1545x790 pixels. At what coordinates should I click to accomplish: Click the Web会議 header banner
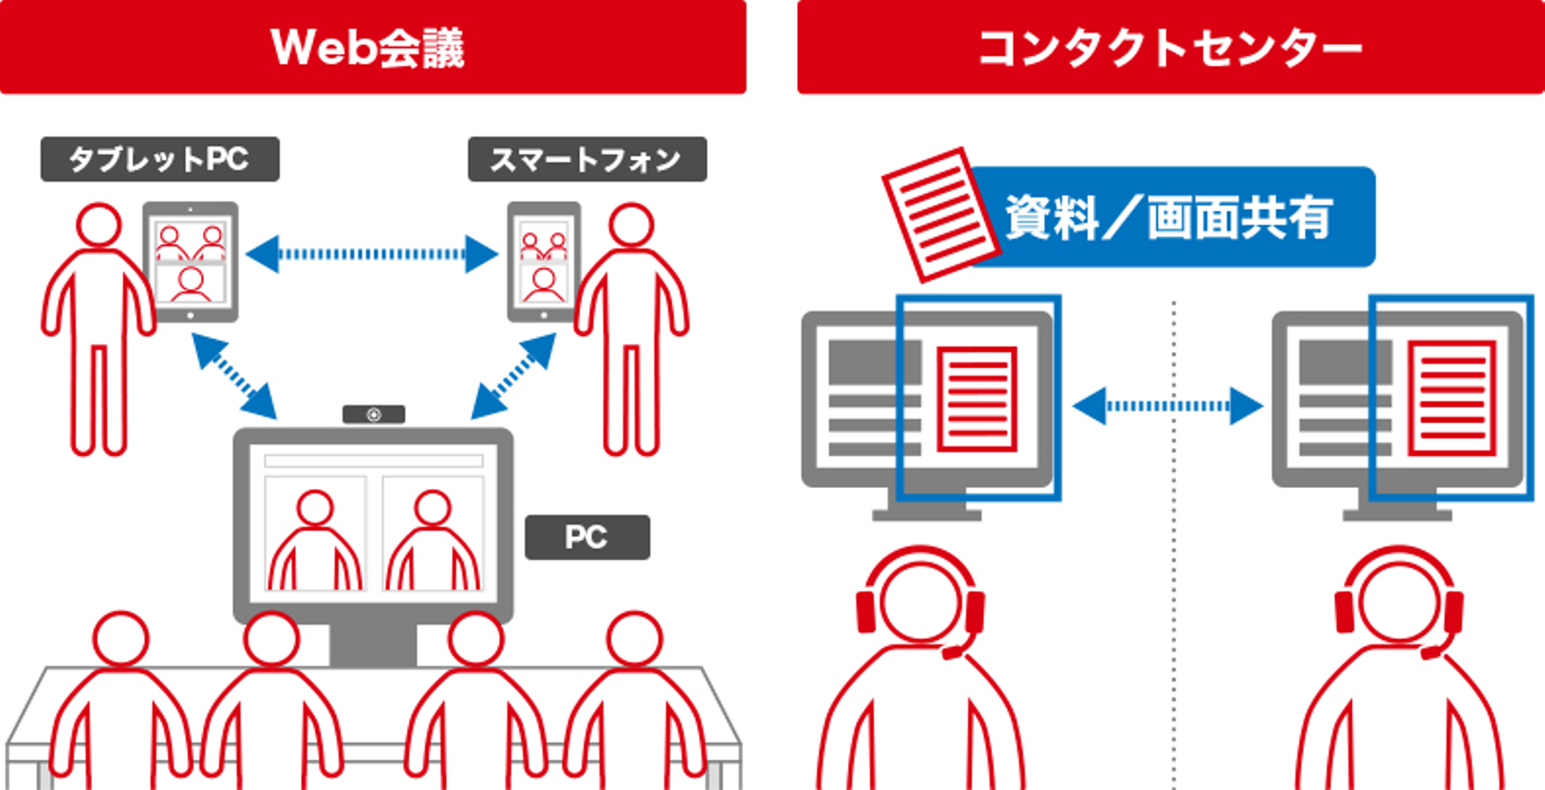tap(372, 47)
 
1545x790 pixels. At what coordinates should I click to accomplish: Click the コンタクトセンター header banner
tap(1170, 47)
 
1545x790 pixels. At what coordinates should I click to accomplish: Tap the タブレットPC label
tap(160, 159)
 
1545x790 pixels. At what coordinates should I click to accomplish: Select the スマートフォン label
tap(586, 159)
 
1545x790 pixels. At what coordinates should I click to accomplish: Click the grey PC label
tap(586, 536)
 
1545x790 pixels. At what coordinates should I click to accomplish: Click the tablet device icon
tap(190, 262)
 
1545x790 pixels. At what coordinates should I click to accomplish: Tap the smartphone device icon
tap(543, 262)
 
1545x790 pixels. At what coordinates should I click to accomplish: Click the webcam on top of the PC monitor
tap(373, 414)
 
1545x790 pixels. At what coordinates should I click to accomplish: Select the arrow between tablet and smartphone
tap(372, 255)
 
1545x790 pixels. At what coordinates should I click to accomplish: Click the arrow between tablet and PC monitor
tap(234, 376)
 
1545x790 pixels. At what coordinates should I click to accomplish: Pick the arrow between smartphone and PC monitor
tap(514, 376)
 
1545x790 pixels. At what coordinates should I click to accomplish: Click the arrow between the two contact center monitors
tap(1168, 406)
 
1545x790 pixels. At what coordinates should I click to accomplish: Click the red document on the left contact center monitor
tap(976, 399)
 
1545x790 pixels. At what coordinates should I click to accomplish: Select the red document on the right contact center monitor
tap(1451, 399)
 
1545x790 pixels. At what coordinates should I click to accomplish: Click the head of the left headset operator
tap(919, 601)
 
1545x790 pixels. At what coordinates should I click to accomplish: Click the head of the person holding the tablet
tap(98, 225)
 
